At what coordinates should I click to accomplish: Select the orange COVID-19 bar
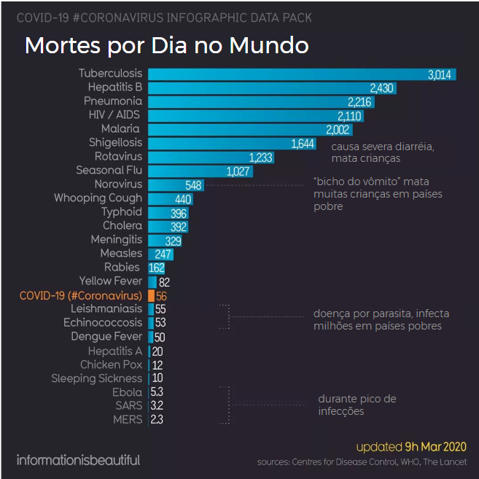[151, 295]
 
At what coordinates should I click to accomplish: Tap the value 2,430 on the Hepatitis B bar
[382, 87]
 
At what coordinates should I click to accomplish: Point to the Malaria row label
[122, 129]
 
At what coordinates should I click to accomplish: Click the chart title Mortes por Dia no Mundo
[167, 45]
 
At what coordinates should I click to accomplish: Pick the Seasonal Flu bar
[211, 171]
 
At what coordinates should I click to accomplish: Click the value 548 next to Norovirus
[193, 185]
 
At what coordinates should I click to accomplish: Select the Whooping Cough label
[98, 198]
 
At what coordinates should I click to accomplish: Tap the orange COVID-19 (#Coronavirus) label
[81, 295]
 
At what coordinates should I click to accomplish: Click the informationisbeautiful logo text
[78, 460]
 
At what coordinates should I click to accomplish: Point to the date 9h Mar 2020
[436, 446]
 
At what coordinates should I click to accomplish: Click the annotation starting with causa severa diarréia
[383, 152]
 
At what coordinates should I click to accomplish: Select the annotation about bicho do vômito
[377, 193]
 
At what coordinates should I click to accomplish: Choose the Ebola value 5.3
[157, 393]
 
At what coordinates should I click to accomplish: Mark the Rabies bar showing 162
[155, 268]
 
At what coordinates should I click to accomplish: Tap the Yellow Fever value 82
[164, 281]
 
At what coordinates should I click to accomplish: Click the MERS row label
[128, 420]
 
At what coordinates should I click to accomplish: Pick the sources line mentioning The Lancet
[362, 462]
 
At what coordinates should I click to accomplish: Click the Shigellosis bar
[231, 143]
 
